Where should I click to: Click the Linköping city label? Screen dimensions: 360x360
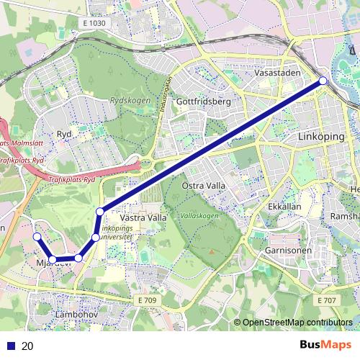pos(320,136)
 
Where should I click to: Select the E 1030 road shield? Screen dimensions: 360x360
pos(94,24)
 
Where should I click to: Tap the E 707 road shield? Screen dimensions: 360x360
pos(326,300)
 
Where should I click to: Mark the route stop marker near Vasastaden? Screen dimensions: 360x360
pos(323,81)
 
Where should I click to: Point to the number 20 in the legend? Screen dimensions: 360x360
pos(27,346)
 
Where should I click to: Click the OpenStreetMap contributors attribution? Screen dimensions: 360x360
pos(297,322)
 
